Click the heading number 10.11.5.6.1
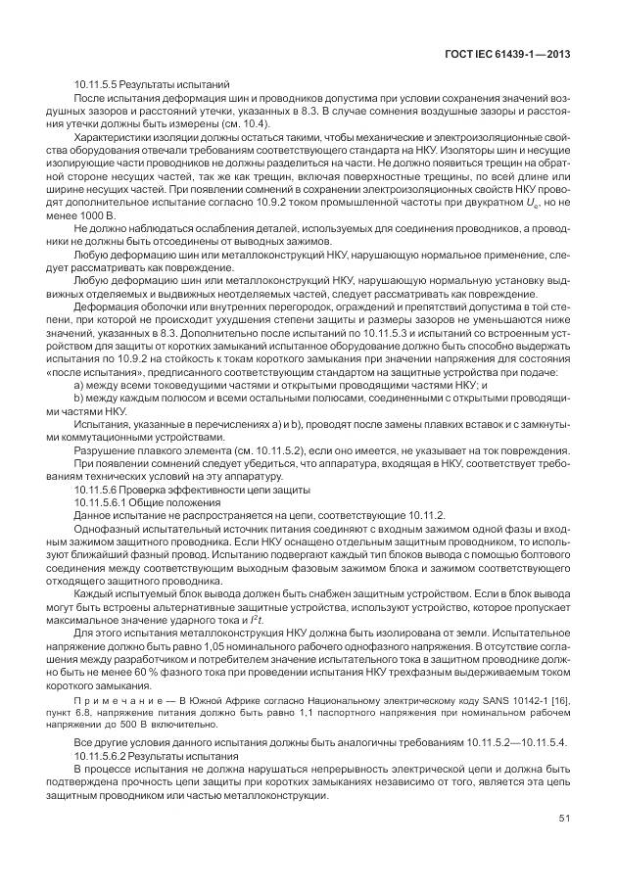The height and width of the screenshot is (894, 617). (103, 501)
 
